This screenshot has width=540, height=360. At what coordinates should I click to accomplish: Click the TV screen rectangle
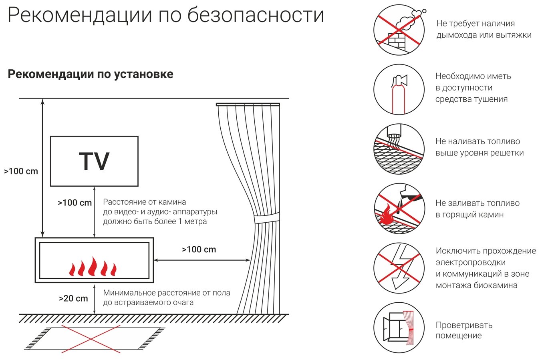(x=94, y=161)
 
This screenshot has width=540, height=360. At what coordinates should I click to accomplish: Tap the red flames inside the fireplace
(x=93, y=267)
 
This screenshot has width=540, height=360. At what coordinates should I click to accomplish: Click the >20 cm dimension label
(x=73, y=298)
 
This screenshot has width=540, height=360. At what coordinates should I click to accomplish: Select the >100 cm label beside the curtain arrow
(x=199, y=249)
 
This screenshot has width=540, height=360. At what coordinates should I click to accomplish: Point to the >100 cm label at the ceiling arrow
(x=21, y=171)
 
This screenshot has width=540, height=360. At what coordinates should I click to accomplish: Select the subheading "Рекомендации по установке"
(x=91, y=74)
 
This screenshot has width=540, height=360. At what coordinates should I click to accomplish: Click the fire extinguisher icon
(x=399, y=90)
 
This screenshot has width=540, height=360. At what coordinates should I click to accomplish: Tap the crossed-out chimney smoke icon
(x=399, y=30)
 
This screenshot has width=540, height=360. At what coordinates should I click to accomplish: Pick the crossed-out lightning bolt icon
(x=399, y=268)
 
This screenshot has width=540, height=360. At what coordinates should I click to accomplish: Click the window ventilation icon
(x=399, y=327)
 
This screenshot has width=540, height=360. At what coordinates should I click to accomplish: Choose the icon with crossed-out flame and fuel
(x=399, y=209)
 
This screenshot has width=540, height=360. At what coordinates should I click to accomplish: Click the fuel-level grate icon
(x=399, y=149)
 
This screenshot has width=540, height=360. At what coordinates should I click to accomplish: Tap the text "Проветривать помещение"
(x=464, y=330)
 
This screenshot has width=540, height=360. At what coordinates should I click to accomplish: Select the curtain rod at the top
(x=248, y=105)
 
